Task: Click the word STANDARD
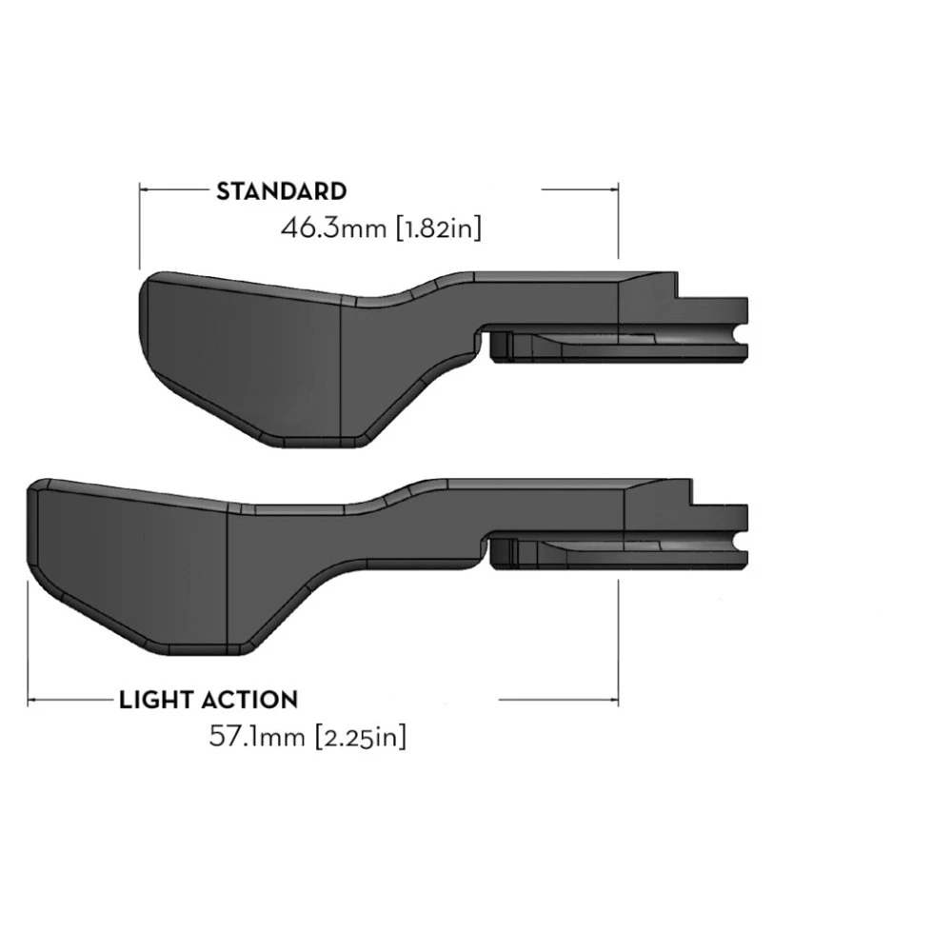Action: (x=281, y=190)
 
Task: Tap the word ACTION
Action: (x=249, y=700)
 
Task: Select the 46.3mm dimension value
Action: (x=335, y=228)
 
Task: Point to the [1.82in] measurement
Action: (x=439, y=228)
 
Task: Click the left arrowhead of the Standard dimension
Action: (x=145, y=189)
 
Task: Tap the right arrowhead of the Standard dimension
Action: (x=614, y=189)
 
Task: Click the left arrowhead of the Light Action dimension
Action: (x=33, y=700)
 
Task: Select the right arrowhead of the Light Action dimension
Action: (x=614, y=700)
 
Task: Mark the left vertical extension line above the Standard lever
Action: (x=140, y=228)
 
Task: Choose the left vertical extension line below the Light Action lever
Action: (x=30, y=647)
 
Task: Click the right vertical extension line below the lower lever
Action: (x=620, y=638)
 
